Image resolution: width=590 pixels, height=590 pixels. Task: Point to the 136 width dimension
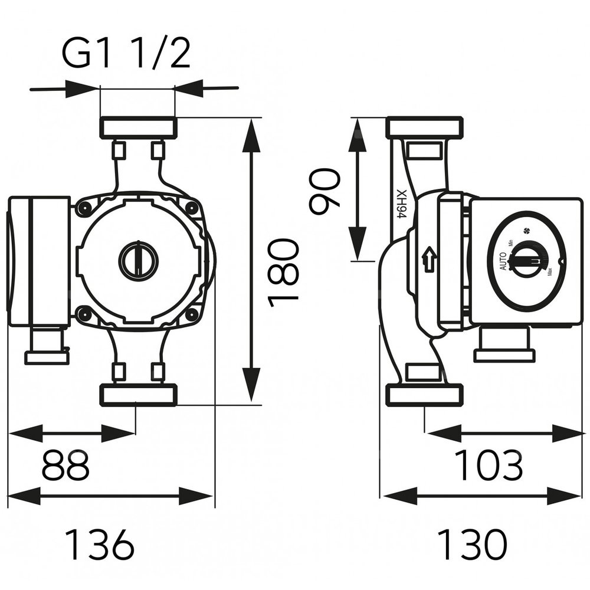(x=99, y=545)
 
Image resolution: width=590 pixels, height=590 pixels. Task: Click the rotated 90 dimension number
(x=325, y=188)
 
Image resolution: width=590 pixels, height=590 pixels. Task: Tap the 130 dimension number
(x=471, y=545)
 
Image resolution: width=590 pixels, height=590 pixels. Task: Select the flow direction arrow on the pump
(x=429, y=259)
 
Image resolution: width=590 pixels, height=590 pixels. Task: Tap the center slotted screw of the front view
(x=138, y=260)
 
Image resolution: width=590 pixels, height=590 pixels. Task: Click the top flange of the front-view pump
(x=138, y=127)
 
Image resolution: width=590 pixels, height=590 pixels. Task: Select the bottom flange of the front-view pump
(x=138, y=395)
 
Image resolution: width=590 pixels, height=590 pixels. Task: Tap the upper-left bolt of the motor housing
(x=84, y=207)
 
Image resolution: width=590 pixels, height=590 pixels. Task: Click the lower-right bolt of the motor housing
(x=192, y=314)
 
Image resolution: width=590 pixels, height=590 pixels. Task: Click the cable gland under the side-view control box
(x=504, y=345)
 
